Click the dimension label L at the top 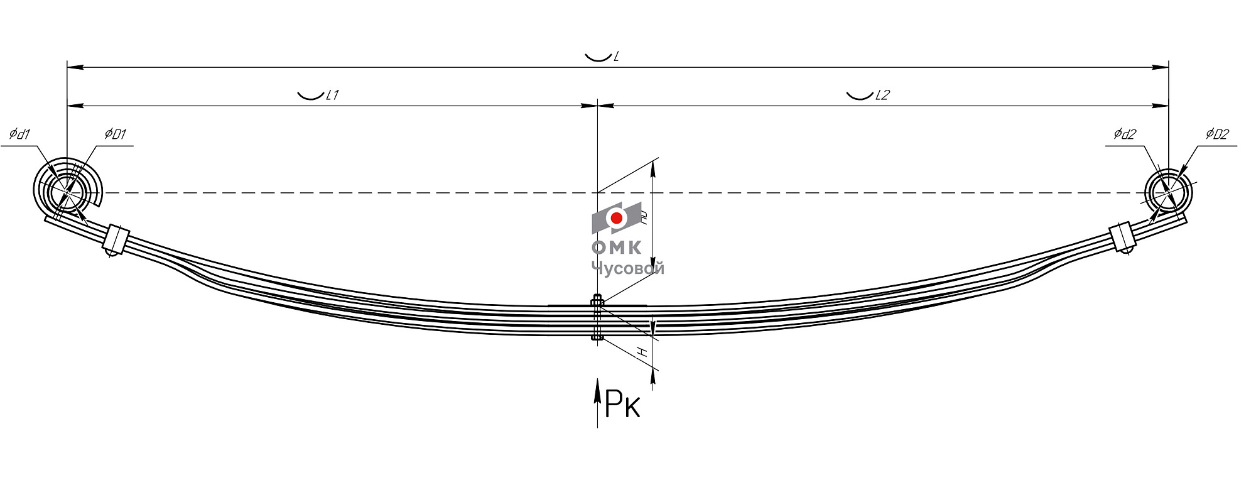coord(616,57)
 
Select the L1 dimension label coord(332,95)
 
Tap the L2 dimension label coord(882,95)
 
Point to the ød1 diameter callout coord(19,134)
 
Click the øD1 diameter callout coord(116,134)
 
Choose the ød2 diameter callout coord(1125,134)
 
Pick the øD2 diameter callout coord(1217,134)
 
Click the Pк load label coord(622,404)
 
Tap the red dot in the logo coord(617,218)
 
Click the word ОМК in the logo coord(617,248)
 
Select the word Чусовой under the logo coord(627,268)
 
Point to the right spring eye coord(1168,192)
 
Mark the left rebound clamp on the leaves coord(116,239)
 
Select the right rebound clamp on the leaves coord(1122,237)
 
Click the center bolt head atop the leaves coord(597,300)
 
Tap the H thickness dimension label coord(642,352)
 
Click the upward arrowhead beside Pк coord(597,385)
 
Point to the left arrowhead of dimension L coord(72,67)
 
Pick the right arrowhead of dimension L coord(1163,67)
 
